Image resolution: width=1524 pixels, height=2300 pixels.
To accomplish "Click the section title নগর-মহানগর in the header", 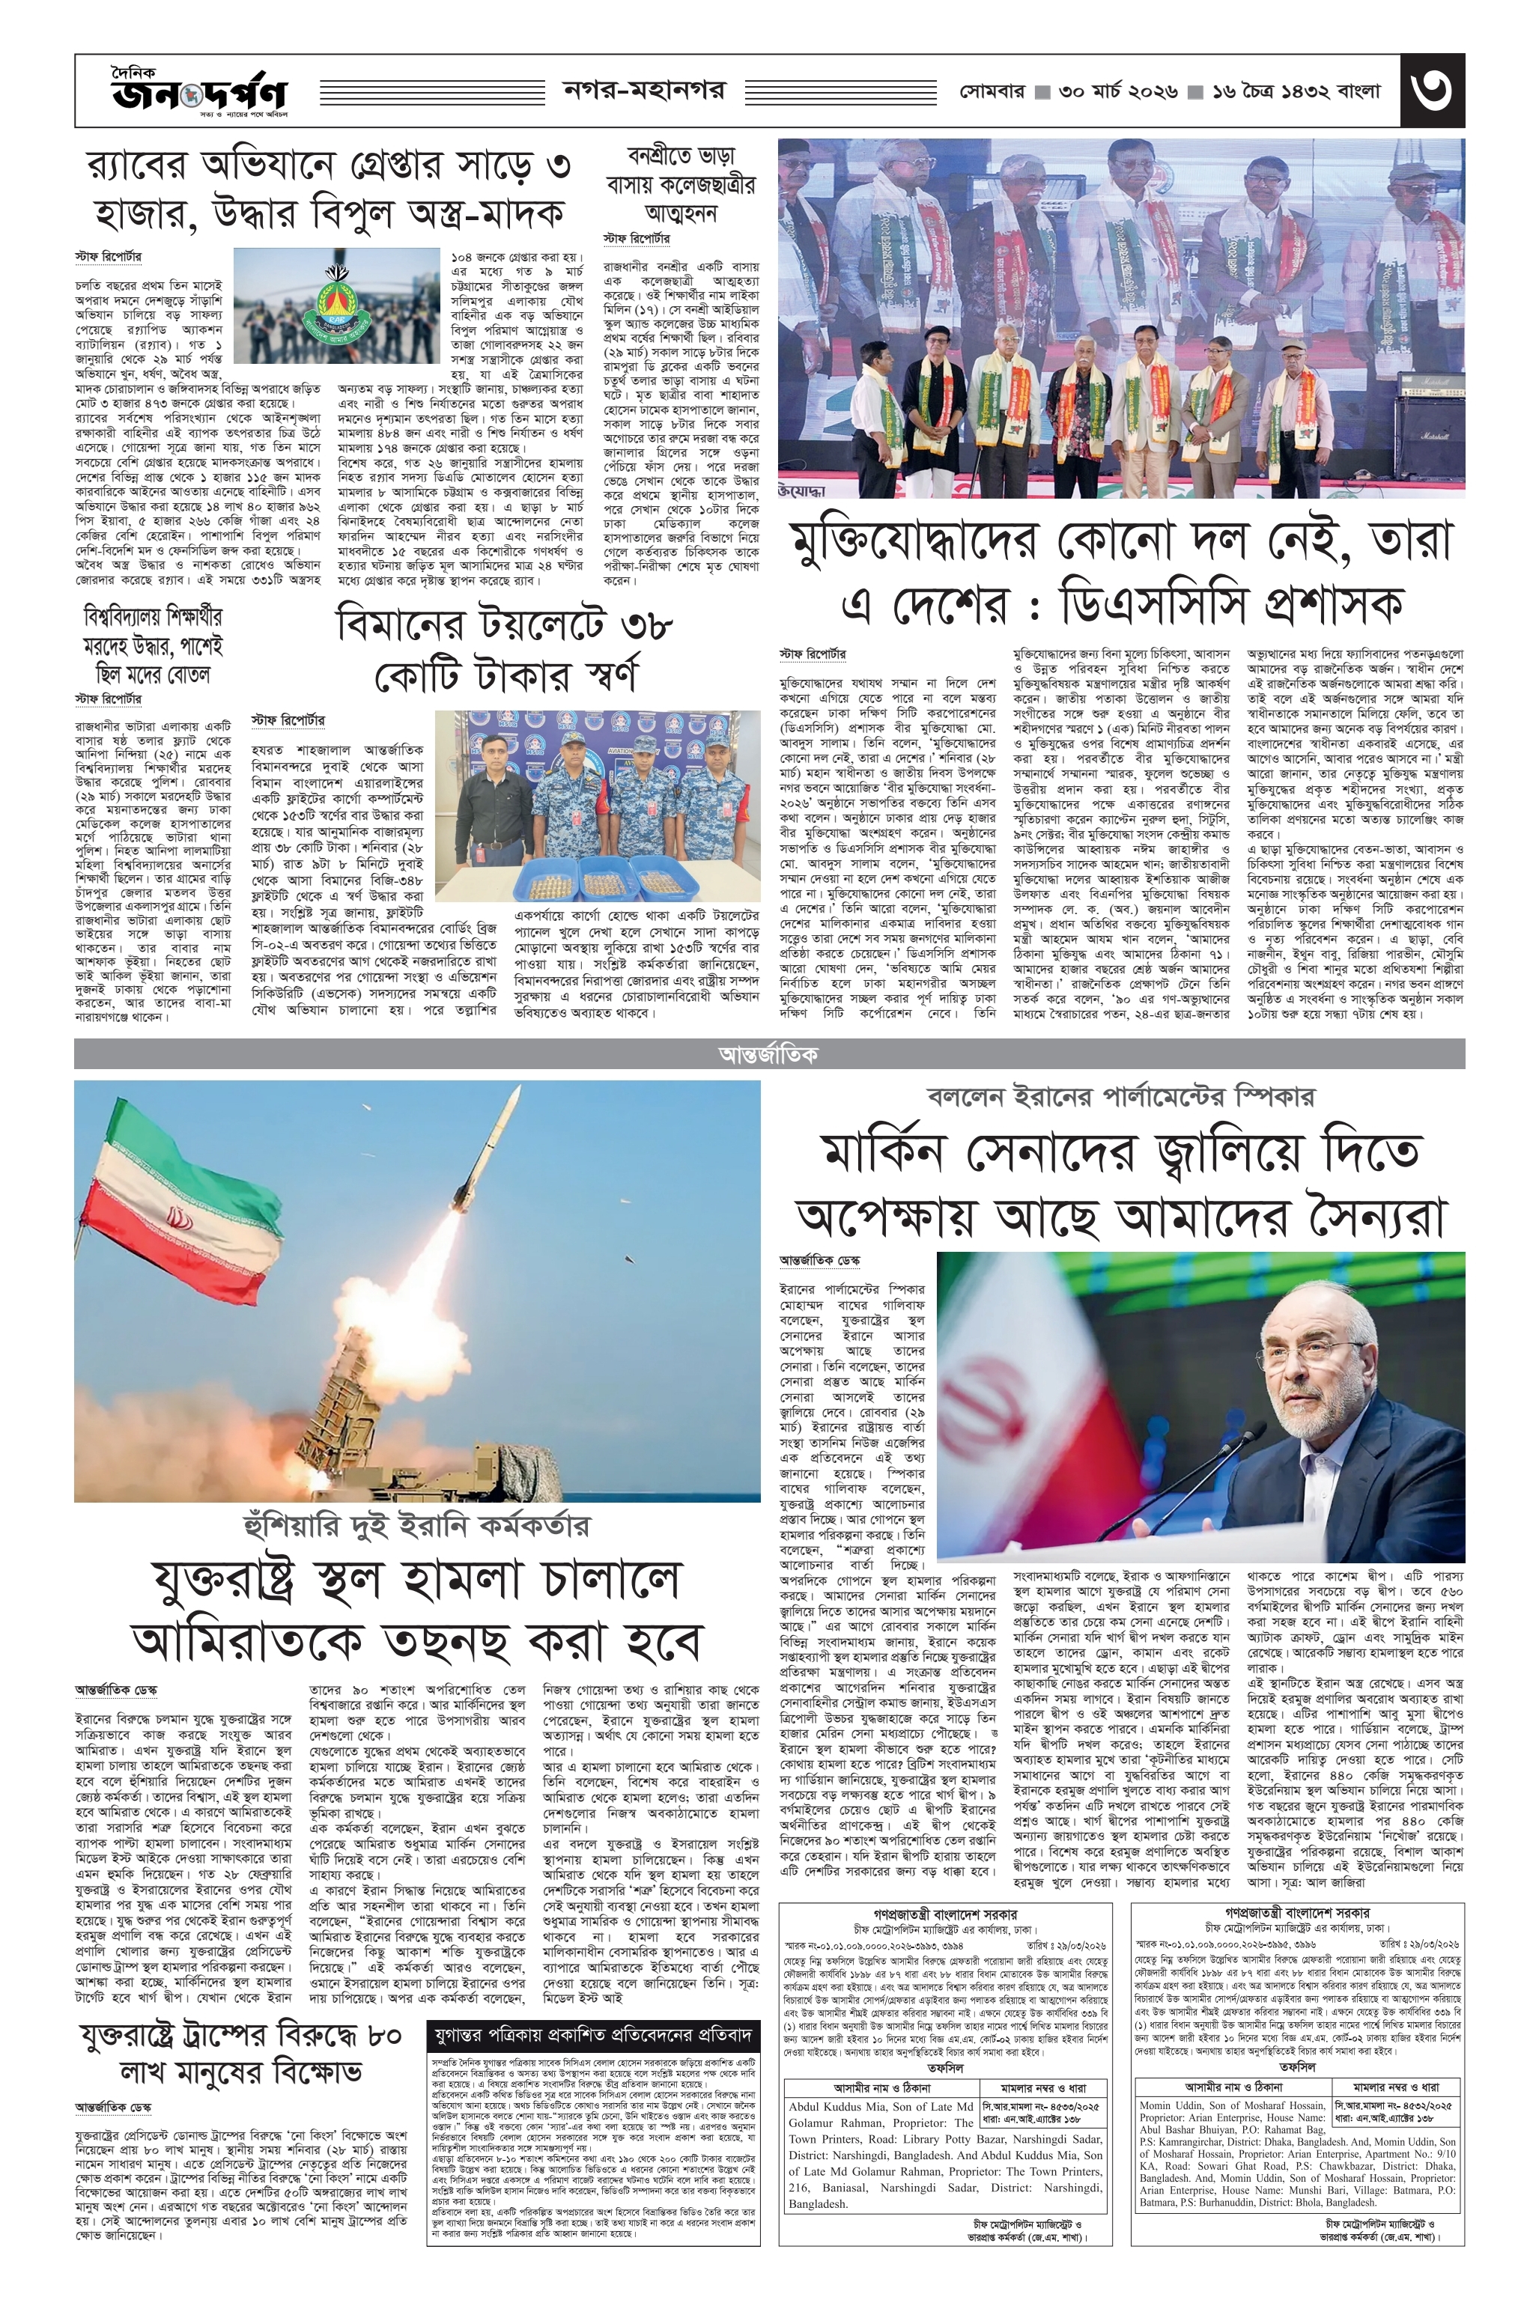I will point(644,91).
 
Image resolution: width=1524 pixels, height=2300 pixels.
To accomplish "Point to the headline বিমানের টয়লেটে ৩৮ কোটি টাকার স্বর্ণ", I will point(503,649).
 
